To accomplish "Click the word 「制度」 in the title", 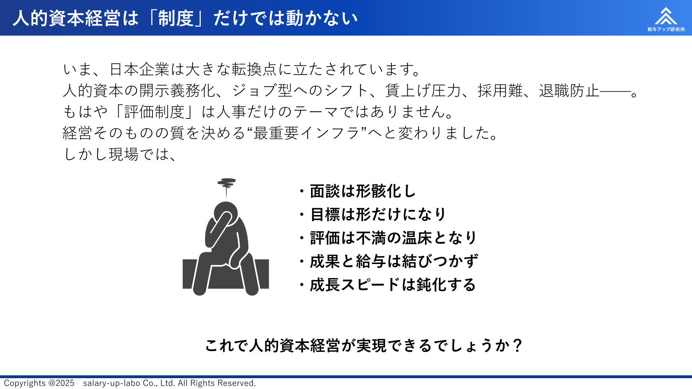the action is tap(176, 18).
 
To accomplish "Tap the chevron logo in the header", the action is tap(666, 16).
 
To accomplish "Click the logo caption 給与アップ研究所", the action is tap(666, 29).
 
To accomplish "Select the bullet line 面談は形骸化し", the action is tap(358, 191).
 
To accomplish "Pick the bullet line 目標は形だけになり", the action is tap(373, 215).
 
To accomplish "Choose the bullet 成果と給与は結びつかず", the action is tap(389, 261).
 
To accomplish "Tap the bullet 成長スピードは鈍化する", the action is tap(388, 285).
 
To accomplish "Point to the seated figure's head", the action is tap(226, 213).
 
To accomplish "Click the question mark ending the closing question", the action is tap(518, 345).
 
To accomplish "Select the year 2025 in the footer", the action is tap(65, 383).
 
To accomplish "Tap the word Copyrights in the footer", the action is tap(25, 383).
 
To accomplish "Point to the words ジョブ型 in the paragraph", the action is tap(262, 90).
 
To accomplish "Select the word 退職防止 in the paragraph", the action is tap(569, 90).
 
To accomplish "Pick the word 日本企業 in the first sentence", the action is tap(139, 69).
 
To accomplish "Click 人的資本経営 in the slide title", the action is tap(66, 18).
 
